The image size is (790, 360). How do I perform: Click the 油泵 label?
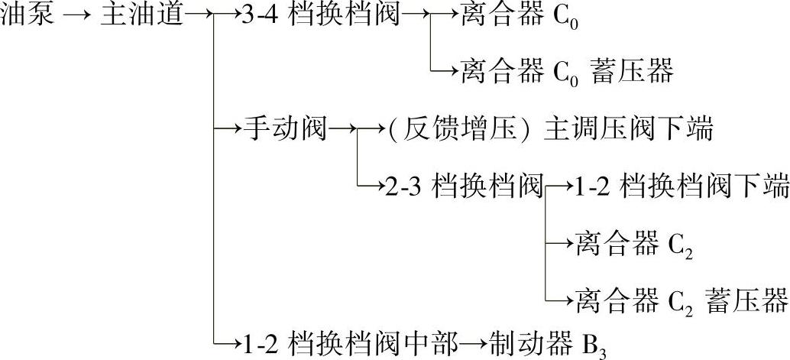[x=28, y=15]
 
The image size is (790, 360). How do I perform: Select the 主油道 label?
[x=142, y=15]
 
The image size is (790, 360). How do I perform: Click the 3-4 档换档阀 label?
[x=320, y=15]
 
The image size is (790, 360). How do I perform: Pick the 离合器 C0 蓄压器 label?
[x=566, y=73]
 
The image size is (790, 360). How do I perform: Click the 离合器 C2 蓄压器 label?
[x=680, y=300]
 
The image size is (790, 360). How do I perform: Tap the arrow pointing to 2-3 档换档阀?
[x=372, y=186]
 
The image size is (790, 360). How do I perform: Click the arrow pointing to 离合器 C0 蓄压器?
[x=447, y=73]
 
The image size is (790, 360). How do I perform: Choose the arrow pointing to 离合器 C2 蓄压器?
[x=560, y=300]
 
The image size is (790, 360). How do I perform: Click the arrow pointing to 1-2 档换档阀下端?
[x=560, y=186]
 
